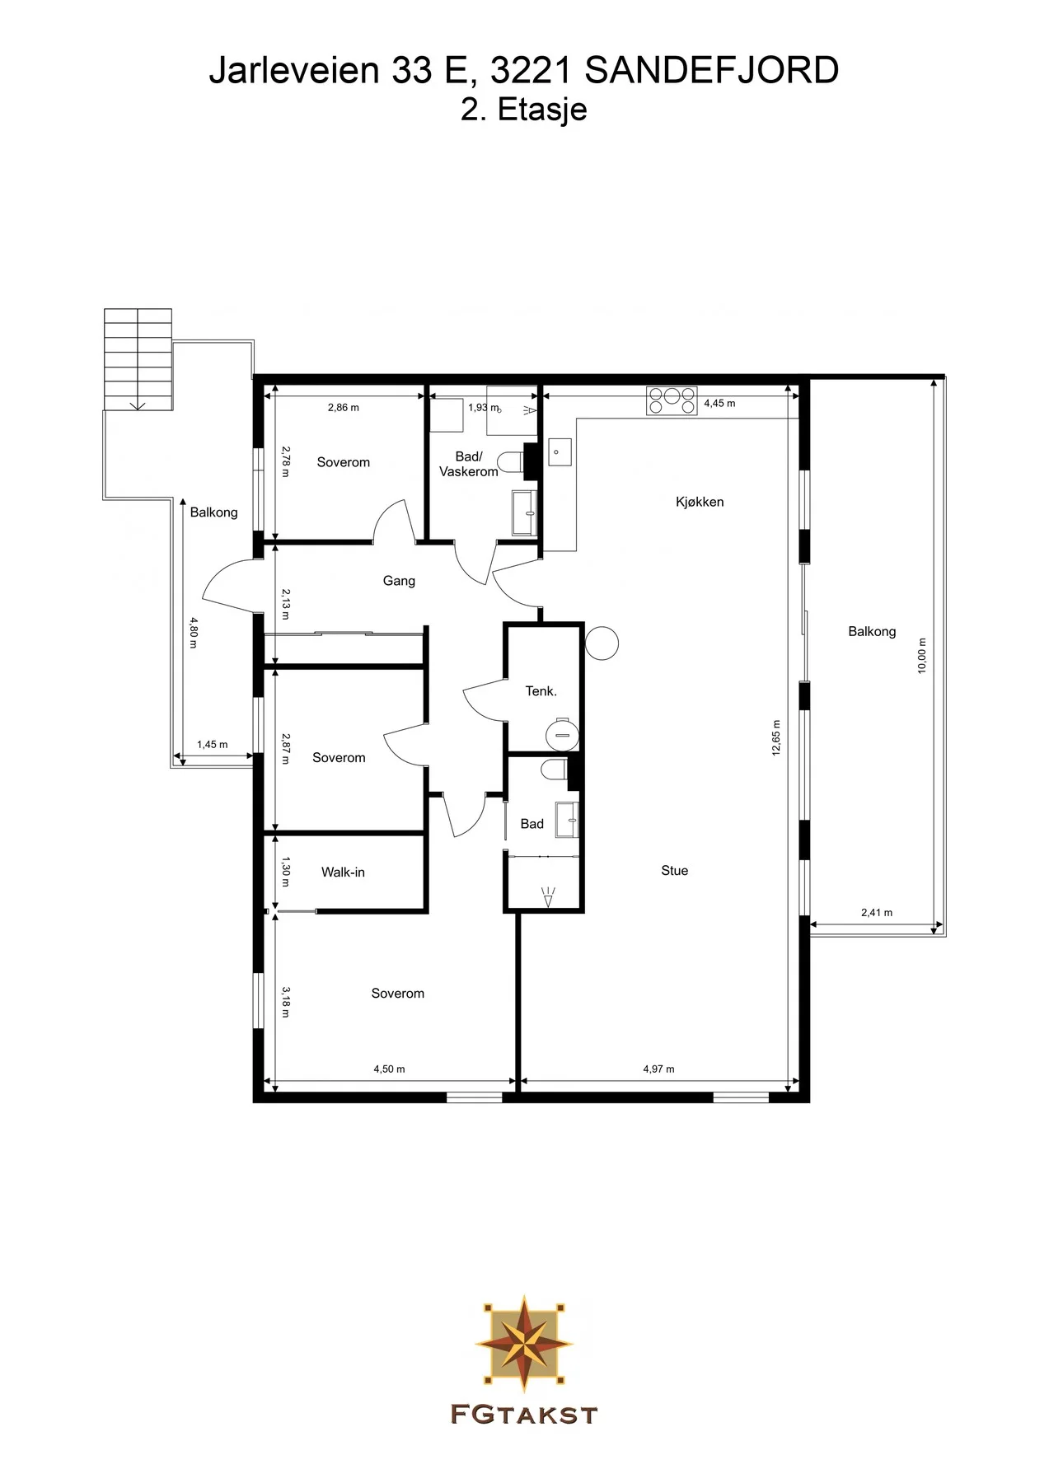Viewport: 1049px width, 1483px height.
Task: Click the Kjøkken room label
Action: [x=700, y=502]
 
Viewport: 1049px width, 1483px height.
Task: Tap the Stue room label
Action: [x=674, y=870]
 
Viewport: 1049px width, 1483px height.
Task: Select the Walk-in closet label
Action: [x=343, y=872]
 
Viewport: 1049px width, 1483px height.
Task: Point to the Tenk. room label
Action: [x=541, y=691]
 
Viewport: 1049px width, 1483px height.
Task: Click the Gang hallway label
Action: [x=399, y=581]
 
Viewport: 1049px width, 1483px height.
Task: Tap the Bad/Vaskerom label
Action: [x=469, y=464]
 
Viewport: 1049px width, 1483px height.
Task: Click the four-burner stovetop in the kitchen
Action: [x=672, y=400]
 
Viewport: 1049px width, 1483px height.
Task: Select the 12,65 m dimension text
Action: [x=776, y=737]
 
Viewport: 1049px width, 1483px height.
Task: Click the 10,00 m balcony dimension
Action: [x=922, y=656]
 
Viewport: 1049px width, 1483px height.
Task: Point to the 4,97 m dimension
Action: [x=658, y=1069]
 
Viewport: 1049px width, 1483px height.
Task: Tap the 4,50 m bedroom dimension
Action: [x=389, y=1069]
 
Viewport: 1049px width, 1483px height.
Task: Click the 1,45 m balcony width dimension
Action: [x=212, y=745]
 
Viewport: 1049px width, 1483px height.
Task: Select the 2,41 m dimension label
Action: [x=877, y=913]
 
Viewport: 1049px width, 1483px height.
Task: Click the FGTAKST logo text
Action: [x=523, y=1415]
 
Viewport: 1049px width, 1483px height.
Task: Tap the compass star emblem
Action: [x=524, y=1342]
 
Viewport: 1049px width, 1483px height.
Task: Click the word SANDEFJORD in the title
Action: [x=712, y=71]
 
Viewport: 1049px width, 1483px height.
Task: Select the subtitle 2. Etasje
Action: [x=524, y=110]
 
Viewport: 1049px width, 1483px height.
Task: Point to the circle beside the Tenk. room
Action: [x=602, y=643]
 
